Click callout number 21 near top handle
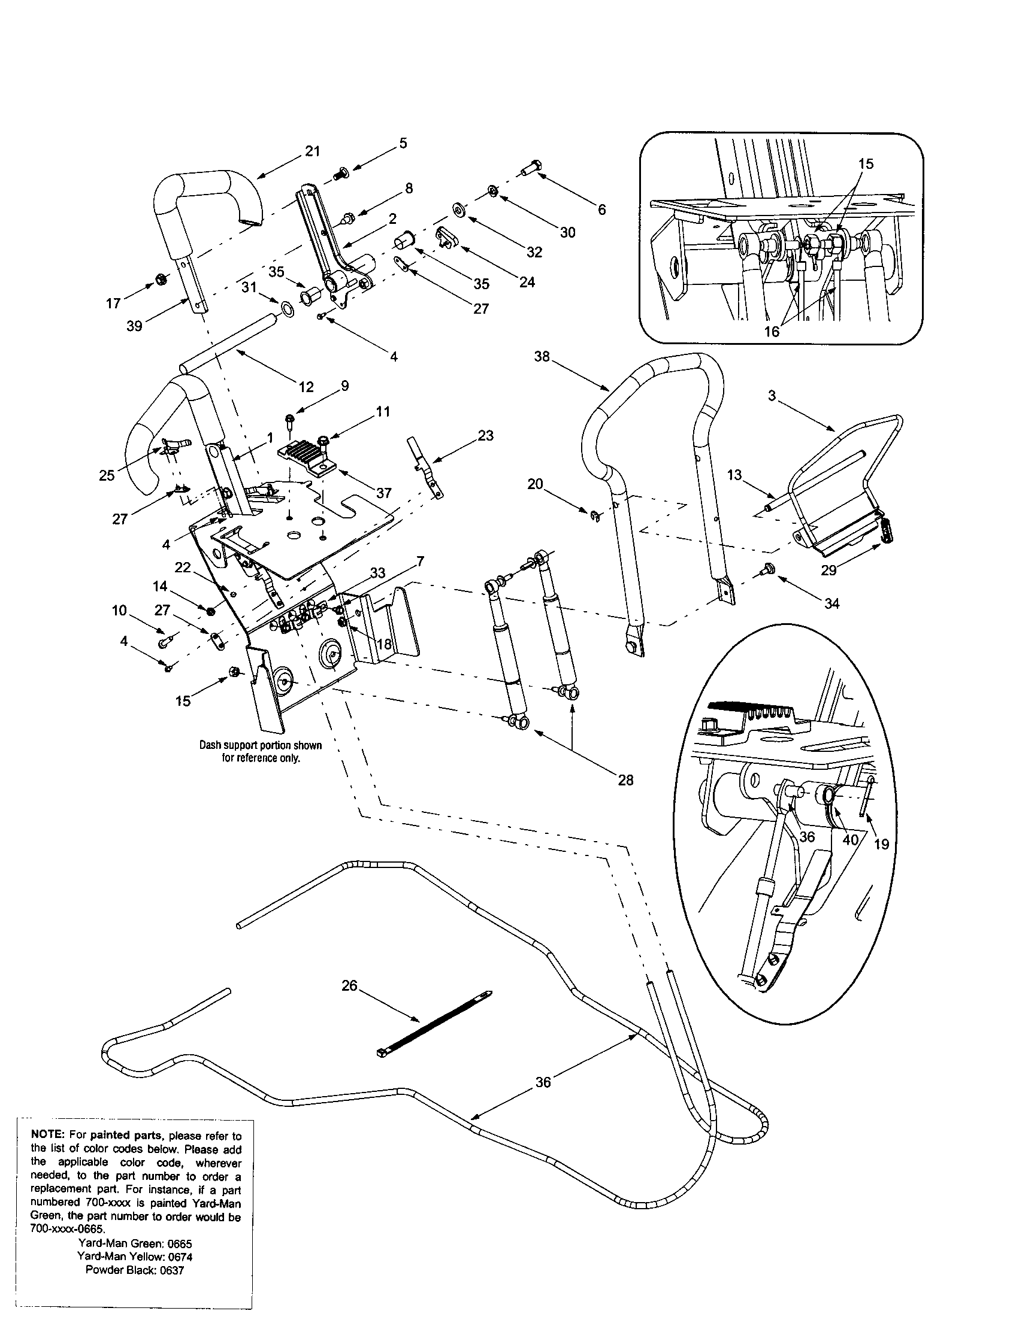click(x=312, y=151)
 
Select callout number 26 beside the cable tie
click(x=349, y=985)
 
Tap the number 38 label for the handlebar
click(x=542, y=356)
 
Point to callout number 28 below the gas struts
click(x=625, y=779)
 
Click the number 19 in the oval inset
click(x=881, y=844)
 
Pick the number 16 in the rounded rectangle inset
click(x=772, y=331)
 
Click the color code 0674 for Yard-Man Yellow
click(x=180, y=1257)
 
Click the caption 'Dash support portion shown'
click(x=261, y=745)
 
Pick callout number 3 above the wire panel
click(x=772, y=396)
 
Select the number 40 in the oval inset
click(x=849, y=839)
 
